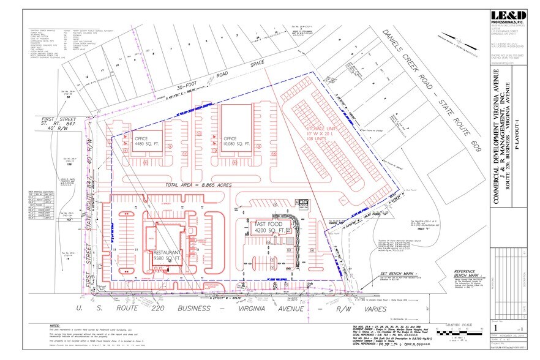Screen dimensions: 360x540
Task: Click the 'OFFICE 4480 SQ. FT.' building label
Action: click(144, 142)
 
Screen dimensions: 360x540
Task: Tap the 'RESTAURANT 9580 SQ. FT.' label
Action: click(167, 256)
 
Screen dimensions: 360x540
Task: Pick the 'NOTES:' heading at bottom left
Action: click(56, 326)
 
